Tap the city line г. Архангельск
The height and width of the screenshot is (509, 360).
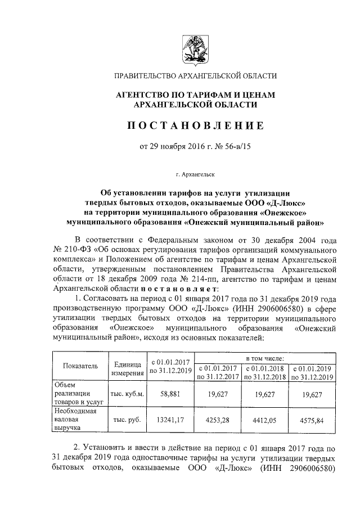(195, 175)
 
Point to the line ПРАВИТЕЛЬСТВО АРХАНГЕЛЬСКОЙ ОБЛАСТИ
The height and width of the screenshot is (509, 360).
(195, 76)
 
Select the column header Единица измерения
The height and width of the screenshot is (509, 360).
(127, 369)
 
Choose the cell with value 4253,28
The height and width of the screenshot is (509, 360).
(217, 419)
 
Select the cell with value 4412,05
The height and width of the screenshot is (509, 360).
(264, 419)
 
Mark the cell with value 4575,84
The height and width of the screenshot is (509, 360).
(311, 419)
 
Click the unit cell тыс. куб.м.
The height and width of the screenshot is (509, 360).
(127, 395)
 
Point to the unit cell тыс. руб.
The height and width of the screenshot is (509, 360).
(127, 419)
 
